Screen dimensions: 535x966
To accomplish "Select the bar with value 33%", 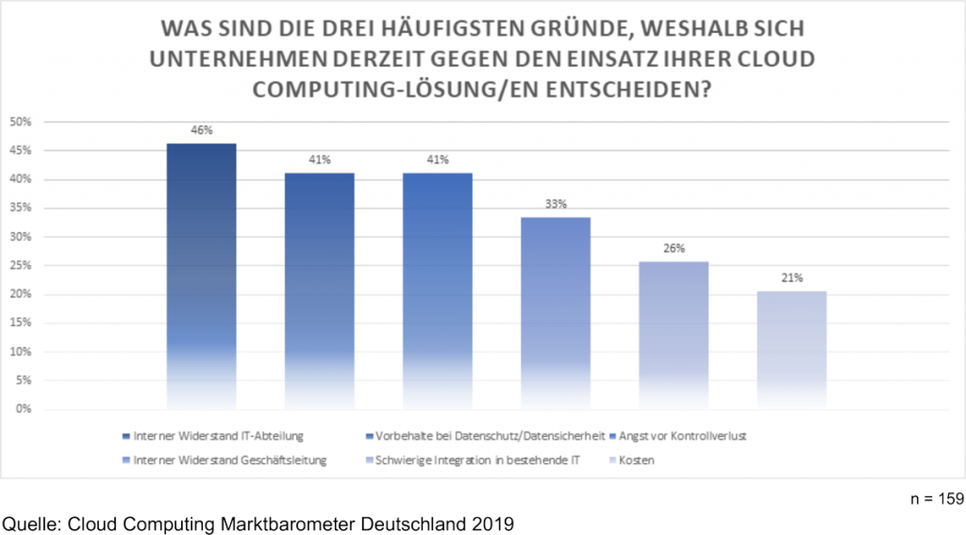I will coord(555,312).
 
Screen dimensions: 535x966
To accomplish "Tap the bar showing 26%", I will coord(673,335).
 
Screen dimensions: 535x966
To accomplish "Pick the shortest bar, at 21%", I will coord(791,349).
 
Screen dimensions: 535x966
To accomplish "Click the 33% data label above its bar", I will coord(555,202).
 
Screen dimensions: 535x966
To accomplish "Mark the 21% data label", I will coord(791,277).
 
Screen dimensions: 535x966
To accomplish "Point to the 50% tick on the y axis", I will coord(21,122).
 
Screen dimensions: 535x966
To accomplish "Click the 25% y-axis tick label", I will coord(21,266).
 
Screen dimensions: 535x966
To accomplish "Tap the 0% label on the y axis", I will coord(24,410).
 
